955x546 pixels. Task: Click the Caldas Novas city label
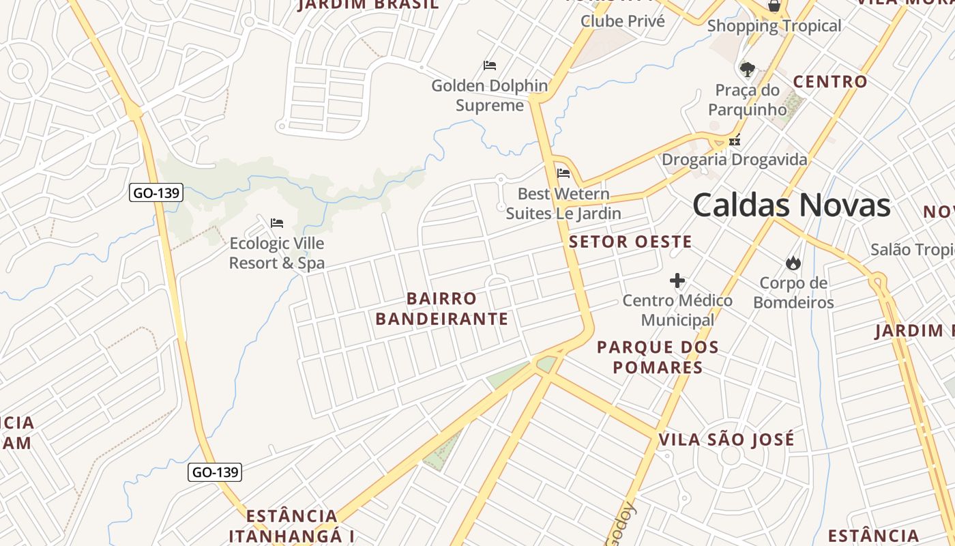pos(791,205)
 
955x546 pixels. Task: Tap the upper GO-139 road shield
pos(156,192)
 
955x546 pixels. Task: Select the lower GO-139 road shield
pos(215,472)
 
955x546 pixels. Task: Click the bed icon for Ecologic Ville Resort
pos(277,223)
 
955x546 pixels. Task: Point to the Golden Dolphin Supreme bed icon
pos(490,66)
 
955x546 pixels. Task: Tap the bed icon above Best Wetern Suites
pos(563,173)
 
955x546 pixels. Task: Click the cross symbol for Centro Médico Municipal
pos(677,281)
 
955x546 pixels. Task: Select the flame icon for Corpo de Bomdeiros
pos(793,263)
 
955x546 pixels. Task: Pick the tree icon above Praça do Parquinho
pos(748,69)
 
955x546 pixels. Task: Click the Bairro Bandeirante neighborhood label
pos(442,308)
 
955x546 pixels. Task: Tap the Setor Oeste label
pos(630,242)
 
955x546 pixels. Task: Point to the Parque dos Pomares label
pos(658,357)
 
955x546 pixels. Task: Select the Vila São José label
pos(726,440)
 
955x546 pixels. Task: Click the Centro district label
pos(830,82)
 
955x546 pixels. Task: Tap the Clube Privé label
pos(622,21)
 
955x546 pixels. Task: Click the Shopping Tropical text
pos(774,26)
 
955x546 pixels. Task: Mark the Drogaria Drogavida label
pos(735,160)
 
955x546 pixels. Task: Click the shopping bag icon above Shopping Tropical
pos(774,6)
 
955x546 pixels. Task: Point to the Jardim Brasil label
pos(368,5)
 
